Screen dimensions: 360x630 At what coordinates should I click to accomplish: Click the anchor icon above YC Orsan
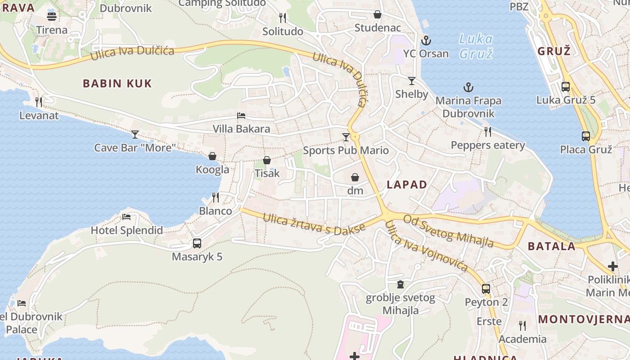pyautogui.click(x=426, y=41)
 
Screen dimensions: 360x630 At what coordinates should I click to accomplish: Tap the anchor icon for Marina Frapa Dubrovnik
pyautogui.click(x=468, y=87)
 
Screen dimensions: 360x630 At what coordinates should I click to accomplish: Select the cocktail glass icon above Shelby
pyautogui.click(x=411, y=81)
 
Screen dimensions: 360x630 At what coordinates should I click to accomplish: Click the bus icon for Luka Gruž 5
pyautogui.click(x=566, y=87)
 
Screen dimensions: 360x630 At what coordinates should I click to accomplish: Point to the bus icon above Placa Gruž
pyautogui.click(x=585, y=136)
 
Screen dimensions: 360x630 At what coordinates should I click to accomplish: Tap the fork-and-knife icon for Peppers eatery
pyautogui.click(x=488, y=132)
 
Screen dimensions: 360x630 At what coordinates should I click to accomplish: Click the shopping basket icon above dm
pyautogui.click(x=355, y=177)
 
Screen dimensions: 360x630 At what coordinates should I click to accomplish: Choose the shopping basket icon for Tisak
pyautogui.click(x=267, y=160)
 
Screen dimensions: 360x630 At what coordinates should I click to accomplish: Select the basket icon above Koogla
pyautogui.click(x=212, y=156)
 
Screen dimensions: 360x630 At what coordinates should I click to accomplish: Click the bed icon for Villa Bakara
pyautogui.click(x=241, y=116)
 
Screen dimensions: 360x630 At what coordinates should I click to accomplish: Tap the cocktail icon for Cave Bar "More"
pyautogui.click(x=135, y=134)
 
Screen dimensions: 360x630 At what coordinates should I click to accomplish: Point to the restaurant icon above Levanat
pyautogui.click(x=39, y=102)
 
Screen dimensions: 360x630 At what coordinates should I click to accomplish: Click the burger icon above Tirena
pyautogui.click(x=52, y=17)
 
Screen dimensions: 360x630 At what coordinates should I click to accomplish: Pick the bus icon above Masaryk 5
pyautogui.click(x=197, y=243)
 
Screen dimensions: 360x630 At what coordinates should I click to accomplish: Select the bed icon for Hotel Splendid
pyautogui.click(x=126, y=217)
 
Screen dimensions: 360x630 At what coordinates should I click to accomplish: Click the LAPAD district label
pyautogui.click(x=407, y=184)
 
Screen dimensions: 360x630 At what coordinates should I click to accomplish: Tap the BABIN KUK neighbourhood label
pyautogui.click(x=117, y=83)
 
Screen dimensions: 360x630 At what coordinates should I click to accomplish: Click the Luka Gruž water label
pyautogui.click(x=476, y=46)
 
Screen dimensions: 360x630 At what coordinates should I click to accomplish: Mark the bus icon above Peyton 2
pyautogui.click(x=486, y=288)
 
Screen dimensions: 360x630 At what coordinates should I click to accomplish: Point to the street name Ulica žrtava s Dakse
pyautogui.click(x=314, y=224)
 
